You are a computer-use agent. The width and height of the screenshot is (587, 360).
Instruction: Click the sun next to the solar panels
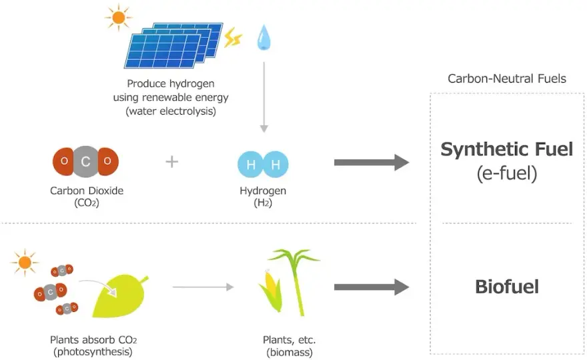[118, 17]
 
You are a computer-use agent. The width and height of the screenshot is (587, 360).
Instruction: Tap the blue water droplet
[264, 38]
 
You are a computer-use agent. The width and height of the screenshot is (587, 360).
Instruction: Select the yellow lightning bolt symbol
[233, 38]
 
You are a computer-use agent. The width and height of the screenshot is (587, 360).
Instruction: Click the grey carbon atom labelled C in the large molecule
[86, 161]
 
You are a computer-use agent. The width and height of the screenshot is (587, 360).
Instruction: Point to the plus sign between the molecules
[172, 162]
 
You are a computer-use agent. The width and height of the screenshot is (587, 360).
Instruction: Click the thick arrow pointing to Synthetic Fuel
[372, 163]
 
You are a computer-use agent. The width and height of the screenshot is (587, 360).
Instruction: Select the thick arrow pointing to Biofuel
[372, 287]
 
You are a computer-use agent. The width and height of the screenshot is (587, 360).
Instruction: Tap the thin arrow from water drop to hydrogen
[264, 97]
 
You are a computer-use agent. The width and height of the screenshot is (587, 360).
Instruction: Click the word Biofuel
[507, 287]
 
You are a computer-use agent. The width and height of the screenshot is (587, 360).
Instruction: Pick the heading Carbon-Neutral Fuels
[507, 79]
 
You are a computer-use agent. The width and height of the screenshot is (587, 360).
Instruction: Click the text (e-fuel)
[507, 173]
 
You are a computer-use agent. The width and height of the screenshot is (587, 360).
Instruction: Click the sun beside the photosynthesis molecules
[25, 262]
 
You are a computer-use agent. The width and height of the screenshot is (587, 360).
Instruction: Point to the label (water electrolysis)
[171, 111]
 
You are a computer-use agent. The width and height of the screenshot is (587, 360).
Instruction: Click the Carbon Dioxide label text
[87, 191]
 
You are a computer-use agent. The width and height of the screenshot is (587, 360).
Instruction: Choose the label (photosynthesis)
[93, 352]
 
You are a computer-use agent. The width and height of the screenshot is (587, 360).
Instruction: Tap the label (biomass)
[289, 353]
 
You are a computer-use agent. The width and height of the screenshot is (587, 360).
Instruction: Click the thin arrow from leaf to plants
[203, 287]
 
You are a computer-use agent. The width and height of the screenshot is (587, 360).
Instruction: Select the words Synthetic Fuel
[507, 149]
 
